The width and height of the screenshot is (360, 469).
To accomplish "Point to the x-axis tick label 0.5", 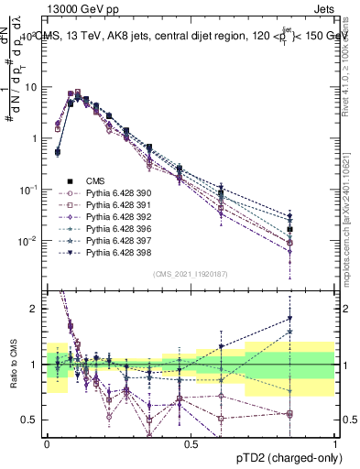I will coord(191,443).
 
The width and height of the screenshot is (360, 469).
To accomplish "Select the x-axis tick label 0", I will coord(47,443).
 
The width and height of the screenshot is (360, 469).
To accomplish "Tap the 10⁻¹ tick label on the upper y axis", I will coord(29,190).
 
